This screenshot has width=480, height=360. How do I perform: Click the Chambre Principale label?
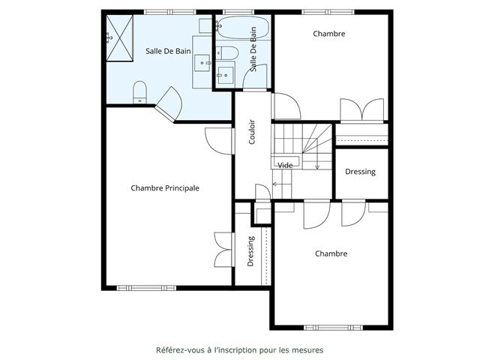point(165,188)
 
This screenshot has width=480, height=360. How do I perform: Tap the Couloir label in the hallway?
point(252,132)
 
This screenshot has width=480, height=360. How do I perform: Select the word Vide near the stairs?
point(285,165)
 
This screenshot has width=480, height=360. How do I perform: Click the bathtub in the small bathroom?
point(243,27)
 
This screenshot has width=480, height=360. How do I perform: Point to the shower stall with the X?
point(120,38)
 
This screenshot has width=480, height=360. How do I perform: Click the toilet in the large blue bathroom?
point(140,92)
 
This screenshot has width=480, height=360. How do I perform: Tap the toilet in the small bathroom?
point(227,53)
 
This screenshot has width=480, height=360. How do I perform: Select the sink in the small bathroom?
point(225,75)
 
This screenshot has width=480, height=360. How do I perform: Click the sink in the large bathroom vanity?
point(202,63)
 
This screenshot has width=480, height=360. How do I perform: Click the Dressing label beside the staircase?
point(360,172)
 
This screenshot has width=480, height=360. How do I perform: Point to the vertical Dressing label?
point(250,251)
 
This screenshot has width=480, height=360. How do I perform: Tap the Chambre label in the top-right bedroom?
point(329,34)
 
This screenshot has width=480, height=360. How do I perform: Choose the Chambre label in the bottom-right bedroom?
point(331,253)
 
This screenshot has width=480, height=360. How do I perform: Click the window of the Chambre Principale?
point(146,288)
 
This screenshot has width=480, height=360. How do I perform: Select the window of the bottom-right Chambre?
point(333,328)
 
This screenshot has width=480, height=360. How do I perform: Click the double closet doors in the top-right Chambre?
point(362,110)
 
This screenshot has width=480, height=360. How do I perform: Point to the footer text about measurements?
point(240,350)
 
